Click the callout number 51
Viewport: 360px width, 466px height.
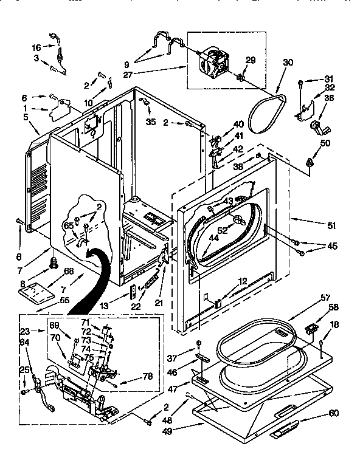[331, 225]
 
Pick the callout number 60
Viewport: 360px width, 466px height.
[334, 413]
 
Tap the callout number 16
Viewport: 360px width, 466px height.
[36, 47]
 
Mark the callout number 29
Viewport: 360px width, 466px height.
[251, 60]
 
